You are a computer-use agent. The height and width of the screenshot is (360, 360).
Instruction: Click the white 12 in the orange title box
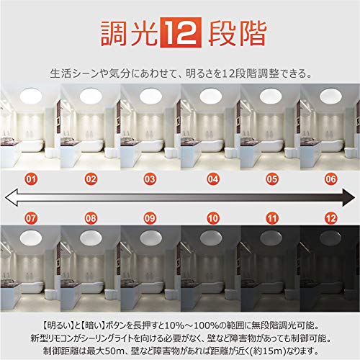[180, 32]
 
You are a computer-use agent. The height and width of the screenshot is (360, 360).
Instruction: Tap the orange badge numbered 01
[31, 179]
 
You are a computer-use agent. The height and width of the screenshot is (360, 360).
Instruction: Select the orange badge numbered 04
[213, 179]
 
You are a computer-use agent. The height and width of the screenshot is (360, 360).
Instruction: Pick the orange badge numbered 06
[331, 179]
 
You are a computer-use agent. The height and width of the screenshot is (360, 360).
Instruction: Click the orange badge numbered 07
[31, 218]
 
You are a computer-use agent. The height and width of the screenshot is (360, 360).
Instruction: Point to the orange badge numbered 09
[150, 218]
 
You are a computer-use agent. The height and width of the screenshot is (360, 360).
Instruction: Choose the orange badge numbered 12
[331, 218]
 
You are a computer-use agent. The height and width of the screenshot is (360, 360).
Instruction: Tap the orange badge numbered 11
[272, 218]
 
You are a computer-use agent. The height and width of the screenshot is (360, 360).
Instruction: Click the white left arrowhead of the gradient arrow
[11, 197]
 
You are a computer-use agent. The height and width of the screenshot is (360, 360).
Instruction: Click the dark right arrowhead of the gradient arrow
[348, 197]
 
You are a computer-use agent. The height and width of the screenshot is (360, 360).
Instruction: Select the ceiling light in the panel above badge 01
[31, 96]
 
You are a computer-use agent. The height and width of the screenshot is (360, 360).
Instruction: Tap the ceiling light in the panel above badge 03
[150, 96]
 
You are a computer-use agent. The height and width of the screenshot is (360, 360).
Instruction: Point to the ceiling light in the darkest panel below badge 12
[330, 238]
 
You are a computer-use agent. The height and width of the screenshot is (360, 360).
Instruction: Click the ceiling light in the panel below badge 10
[211, 238]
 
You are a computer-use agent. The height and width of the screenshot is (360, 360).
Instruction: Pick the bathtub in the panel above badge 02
[93, 146]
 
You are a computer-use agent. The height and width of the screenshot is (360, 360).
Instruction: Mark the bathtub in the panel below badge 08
[93, 287]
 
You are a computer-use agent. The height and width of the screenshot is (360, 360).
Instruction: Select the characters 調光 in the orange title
[130, 33]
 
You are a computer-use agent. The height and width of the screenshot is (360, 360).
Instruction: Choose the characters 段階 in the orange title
[238, 33]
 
